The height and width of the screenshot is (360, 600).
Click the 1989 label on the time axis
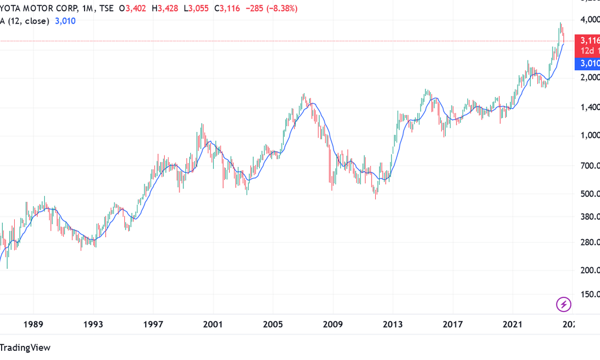point(34,325)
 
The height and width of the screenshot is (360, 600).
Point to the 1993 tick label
point(93,325)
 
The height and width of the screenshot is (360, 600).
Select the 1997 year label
point(153,325)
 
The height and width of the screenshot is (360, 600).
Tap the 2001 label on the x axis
point(213,325)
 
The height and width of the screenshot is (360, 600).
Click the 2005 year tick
point(273,325)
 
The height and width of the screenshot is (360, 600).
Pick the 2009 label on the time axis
point(333,325)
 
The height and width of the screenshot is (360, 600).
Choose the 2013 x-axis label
point(393,325)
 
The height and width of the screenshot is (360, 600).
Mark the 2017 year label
point(453,325)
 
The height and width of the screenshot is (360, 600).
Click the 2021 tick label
point(513,325)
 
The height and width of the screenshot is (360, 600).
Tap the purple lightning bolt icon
point(563,304)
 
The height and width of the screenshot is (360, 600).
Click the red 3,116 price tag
point(590,40)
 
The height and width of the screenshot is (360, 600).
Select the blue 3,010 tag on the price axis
point(590,63)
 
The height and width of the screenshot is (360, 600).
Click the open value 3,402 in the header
point(136,9)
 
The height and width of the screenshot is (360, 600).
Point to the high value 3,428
point(169,9)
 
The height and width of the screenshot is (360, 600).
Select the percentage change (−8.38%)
point(278,9)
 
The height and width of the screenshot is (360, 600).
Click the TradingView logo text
point(25,347)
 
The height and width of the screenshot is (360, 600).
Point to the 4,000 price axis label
point(591,20)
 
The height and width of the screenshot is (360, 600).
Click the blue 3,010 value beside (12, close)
point(65,21)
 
